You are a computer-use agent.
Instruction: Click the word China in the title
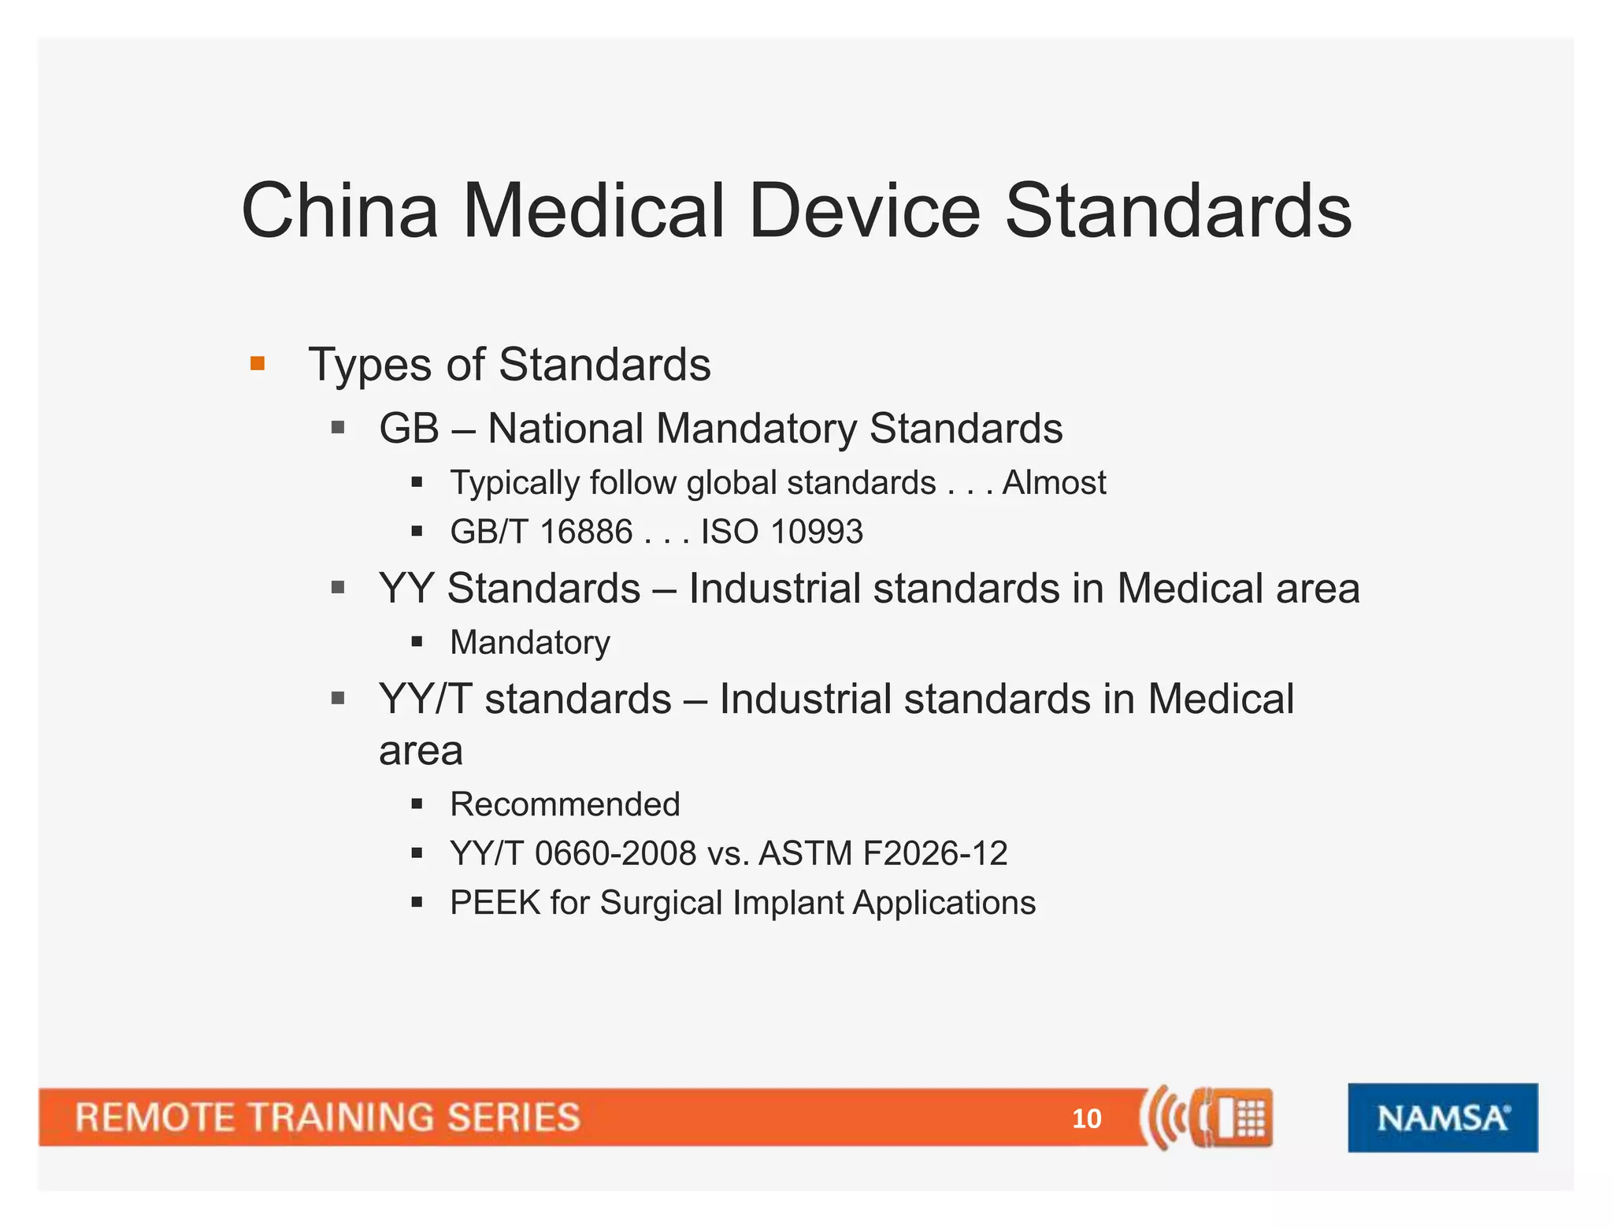click(339, 211)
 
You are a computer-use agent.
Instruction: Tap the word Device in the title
click(865, 211)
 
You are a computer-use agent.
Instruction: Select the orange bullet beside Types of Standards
click(257, 363)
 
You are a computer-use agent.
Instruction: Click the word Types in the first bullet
click(370, 366)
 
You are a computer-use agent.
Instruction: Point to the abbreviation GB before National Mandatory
click(409, 429)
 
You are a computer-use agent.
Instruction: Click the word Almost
click(1054, 482)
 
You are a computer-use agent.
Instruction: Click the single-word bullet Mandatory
click(530, 643)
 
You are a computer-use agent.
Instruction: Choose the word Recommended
click(565, 804)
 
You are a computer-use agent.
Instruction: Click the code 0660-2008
click(615, 853)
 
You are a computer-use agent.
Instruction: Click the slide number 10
click(1086, 1119)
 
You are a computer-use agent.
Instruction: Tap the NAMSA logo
click(1442, 1118)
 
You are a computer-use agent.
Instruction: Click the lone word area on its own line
click(421, 752)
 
